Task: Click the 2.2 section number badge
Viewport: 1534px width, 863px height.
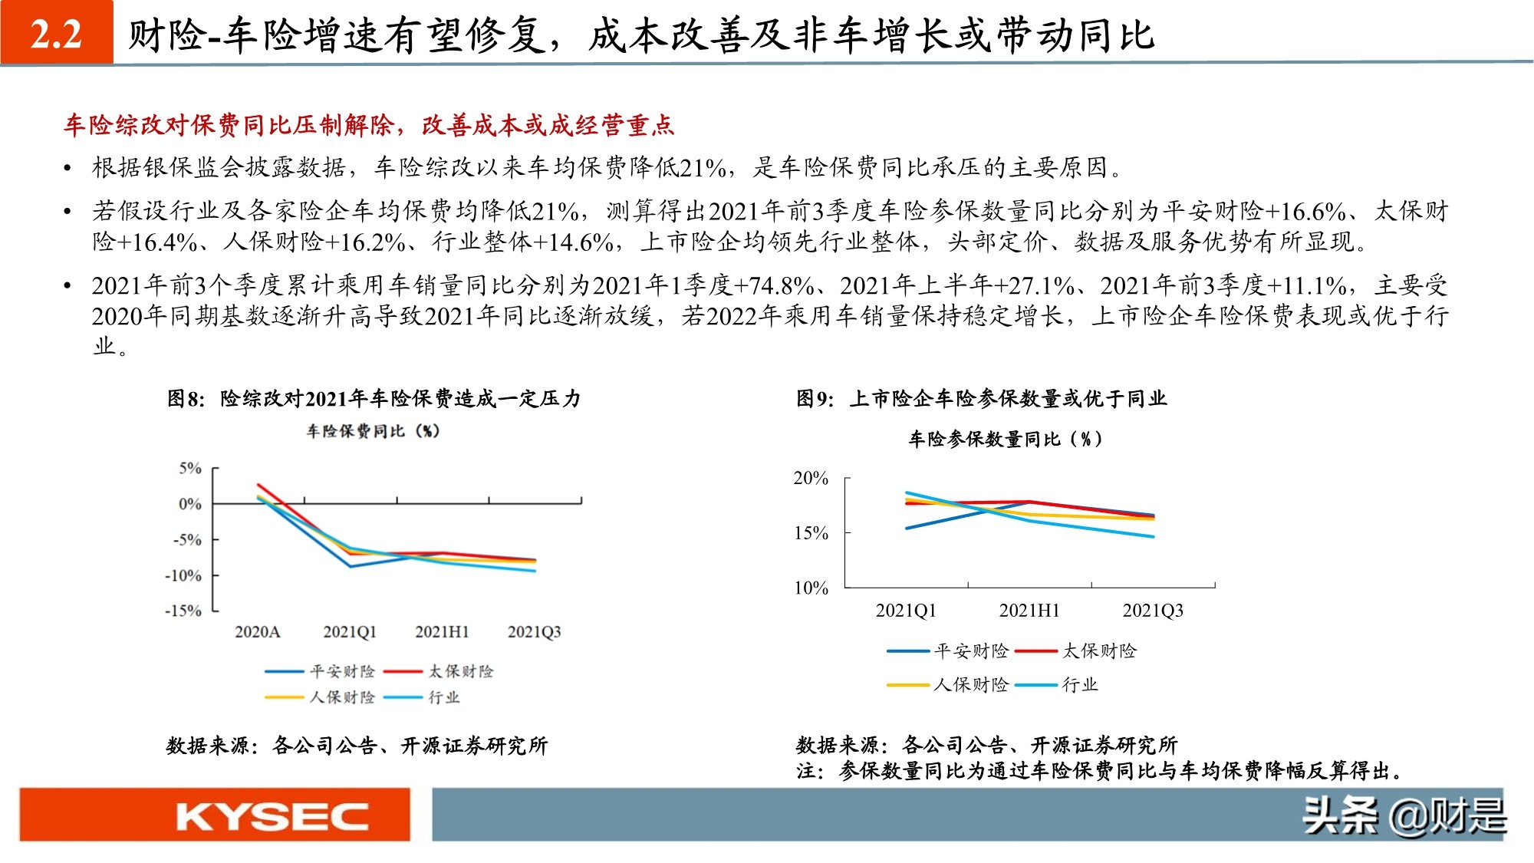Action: point(57,33)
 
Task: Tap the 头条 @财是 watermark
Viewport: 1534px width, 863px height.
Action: point(1403,815)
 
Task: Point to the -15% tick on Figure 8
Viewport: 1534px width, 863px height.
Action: point(183,611)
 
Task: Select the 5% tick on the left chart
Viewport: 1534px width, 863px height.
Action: point(189,468)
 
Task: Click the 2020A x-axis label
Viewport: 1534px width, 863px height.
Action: point(257,632)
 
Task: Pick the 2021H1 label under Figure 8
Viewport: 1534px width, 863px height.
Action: point(442,632)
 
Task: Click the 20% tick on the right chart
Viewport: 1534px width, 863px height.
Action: point(811,479)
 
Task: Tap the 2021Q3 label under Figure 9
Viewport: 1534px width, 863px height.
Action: point(1152,611)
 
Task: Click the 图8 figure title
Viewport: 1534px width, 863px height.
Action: point(374,399)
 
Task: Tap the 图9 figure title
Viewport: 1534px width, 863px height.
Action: point(981,399)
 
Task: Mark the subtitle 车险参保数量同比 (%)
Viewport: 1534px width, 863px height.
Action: point(1005,440)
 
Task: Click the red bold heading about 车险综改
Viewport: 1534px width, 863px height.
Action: point(368,125)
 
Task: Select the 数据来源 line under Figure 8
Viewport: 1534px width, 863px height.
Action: point(357,746)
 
